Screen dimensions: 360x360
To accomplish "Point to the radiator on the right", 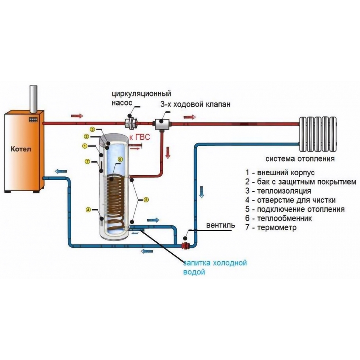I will (319, 133).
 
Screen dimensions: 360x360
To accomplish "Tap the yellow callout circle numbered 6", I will (120, 159).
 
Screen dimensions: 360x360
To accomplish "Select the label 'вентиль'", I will (221, 226).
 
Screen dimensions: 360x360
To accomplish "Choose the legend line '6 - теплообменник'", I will (279, 219).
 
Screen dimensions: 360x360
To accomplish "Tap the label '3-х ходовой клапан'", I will (195, 104).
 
